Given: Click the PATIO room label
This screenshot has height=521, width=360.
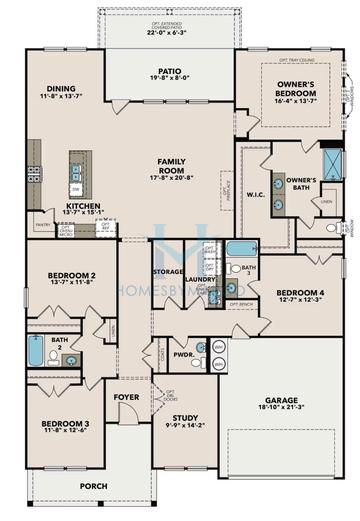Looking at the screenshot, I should (x=167, y=73).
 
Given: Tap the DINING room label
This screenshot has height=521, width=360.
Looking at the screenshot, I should (x=60, y=89).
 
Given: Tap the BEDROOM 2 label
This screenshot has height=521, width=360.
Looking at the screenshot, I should (x=71, y=275).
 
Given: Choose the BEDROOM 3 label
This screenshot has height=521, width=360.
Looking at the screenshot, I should (x=65, y=424).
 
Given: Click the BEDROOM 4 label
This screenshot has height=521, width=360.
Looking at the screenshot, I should (x=298, y=292).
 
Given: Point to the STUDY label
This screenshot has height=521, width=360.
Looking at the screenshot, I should (x=185, y=418).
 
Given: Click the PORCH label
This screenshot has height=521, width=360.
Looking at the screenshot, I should (x=94, y=486).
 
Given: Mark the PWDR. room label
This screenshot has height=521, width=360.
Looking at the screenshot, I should (x=183, y=353).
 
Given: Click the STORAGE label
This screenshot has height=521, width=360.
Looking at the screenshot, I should (x=167, y=270).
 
